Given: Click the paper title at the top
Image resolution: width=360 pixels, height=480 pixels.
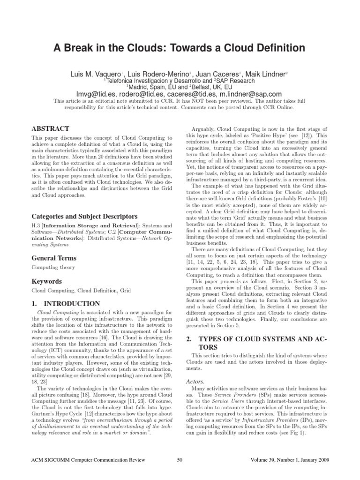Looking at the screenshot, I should tap(180, 48).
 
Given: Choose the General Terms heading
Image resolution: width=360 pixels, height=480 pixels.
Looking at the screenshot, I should tap(54, 258).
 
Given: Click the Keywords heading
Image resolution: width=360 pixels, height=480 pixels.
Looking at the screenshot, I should tap(46, 282).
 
